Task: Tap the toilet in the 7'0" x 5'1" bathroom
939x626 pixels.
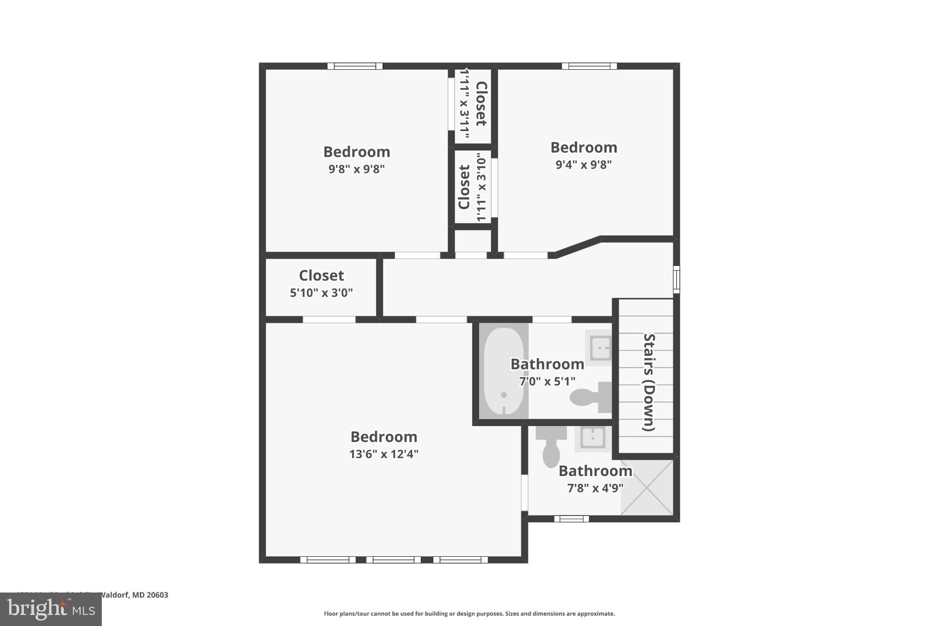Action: (591, 397)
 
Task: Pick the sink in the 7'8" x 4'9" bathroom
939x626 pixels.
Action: (592, 438)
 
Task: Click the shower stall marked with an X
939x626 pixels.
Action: (647, 487)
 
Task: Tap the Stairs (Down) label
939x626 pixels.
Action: (649, 382)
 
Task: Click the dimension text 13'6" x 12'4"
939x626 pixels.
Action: (384, 454)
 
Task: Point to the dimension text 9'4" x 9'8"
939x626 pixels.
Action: (584, 164)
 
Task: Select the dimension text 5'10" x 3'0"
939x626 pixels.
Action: (321, 293)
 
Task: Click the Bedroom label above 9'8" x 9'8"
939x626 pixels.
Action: (357, 152)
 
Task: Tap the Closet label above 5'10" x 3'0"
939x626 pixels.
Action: (321, 275)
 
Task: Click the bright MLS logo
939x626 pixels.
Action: (50, 609)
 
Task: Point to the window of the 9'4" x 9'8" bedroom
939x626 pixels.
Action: (589, 66)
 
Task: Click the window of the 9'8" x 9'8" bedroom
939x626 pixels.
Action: (355, 66)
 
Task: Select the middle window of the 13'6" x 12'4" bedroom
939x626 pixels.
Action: (393, 560)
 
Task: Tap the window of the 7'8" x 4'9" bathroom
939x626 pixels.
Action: (571, 519)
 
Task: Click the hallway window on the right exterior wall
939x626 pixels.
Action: (676, 279)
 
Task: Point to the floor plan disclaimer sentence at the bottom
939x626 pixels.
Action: (469, 614)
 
